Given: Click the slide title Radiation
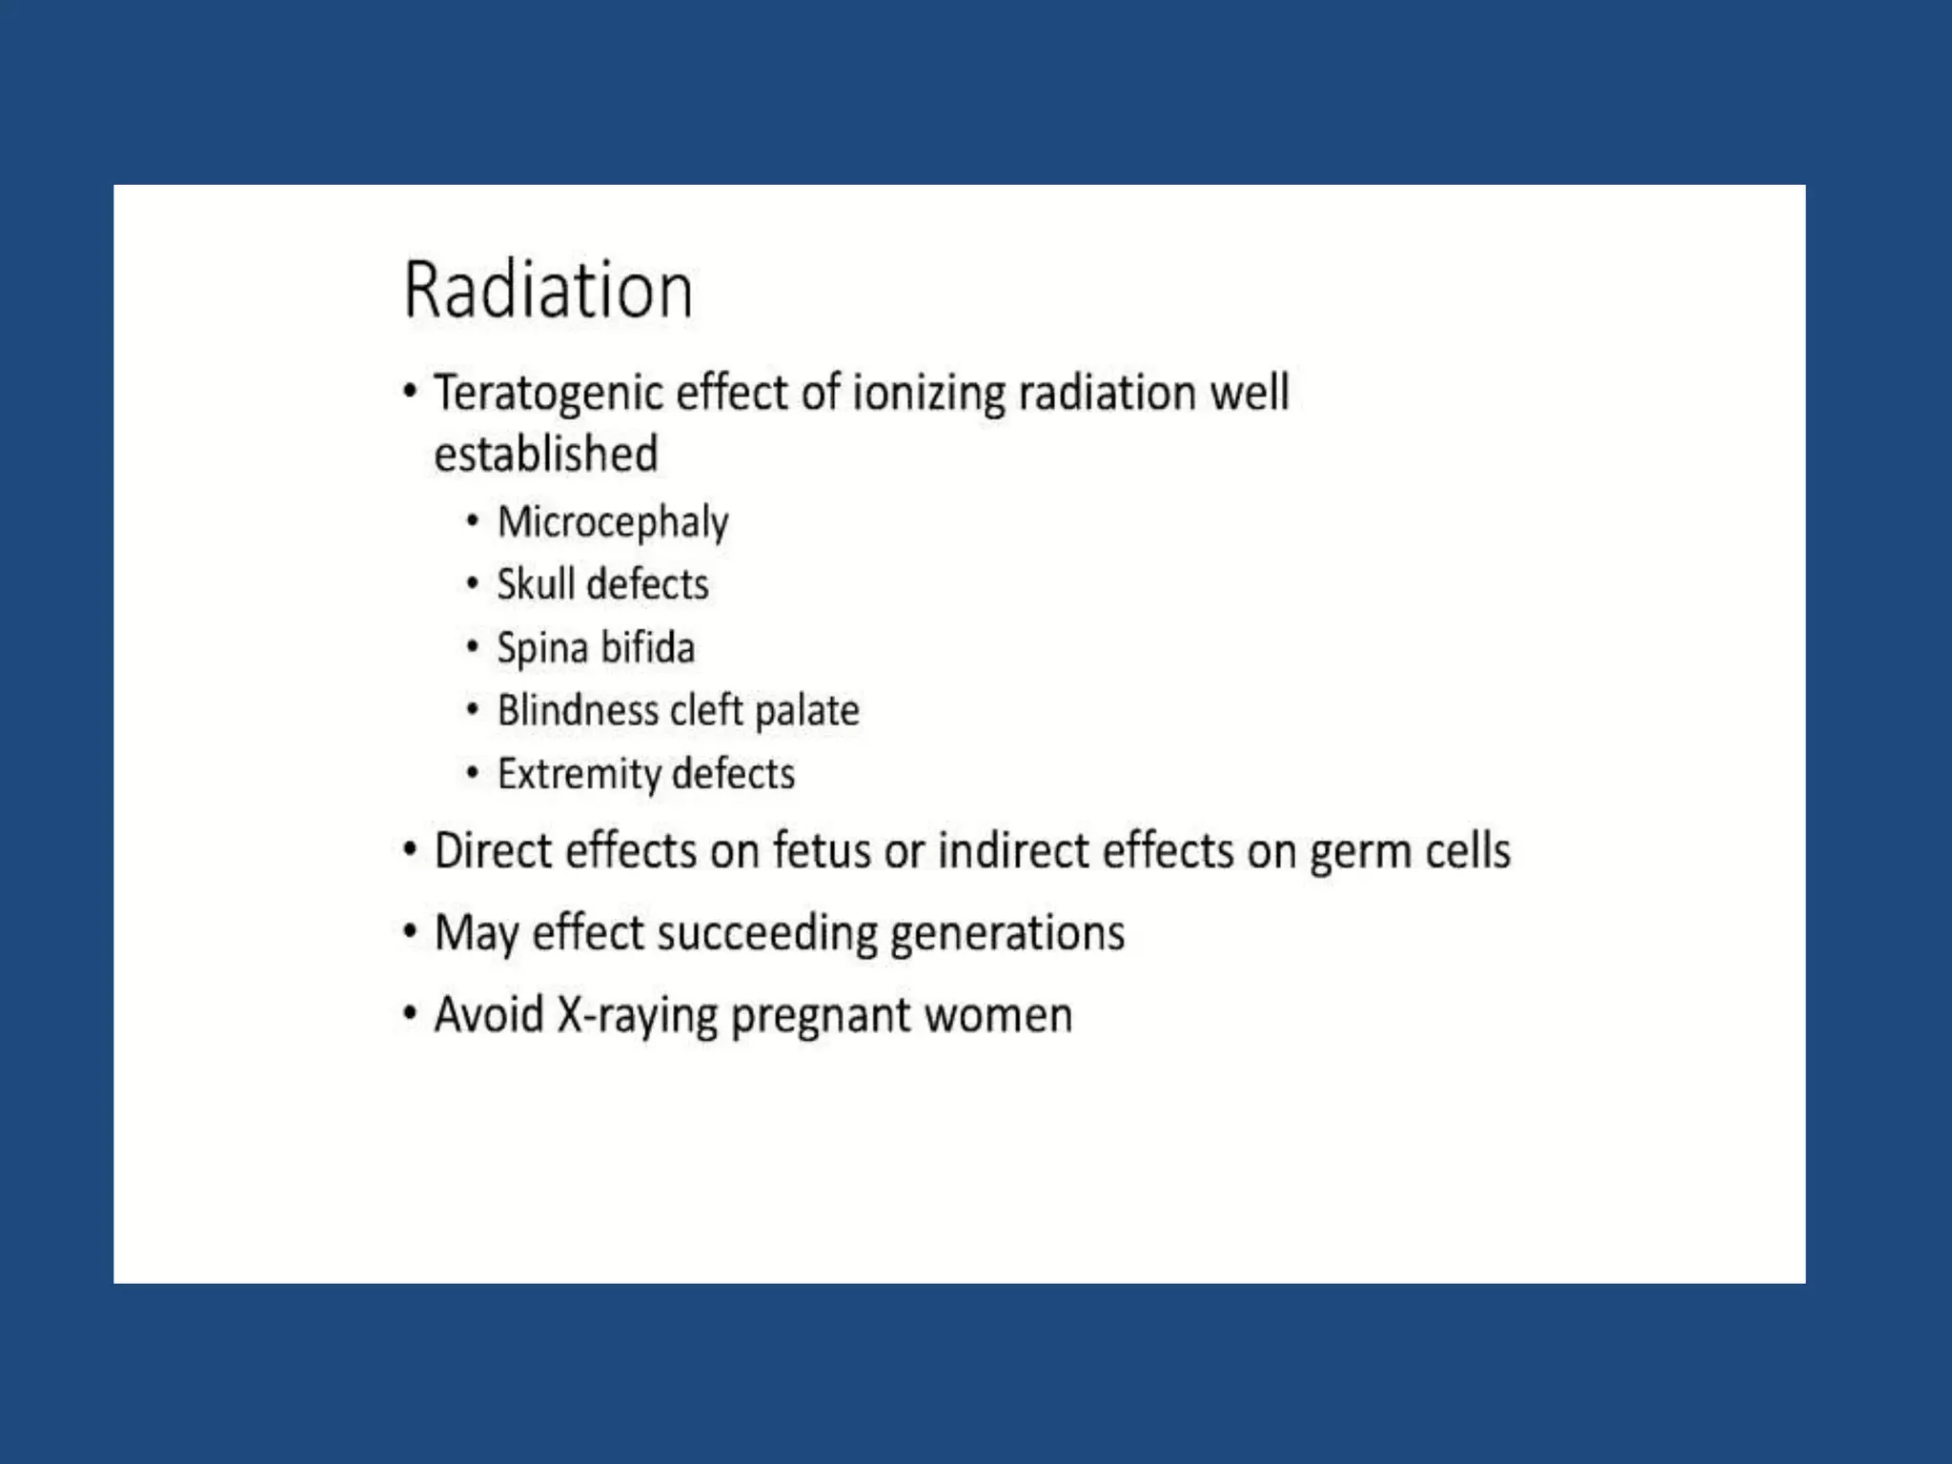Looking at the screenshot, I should click(548, 290).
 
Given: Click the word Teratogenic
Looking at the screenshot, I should click(548, 394).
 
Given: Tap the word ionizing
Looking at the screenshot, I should click(927, 394).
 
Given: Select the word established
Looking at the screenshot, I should click(545, 454).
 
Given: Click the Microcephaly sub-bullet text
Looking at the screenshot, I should click(613, 522).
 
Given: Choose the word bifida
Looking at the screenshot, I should click(647, 648).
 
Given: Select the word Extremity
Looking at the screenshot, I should click(579, 774).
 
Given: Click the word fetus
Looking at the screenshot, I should click(821, 850).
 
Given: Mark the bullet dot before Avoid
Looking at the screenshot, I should click(410, 1013).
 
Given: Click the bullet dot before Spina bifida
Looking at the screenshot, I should click(472, 646).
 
